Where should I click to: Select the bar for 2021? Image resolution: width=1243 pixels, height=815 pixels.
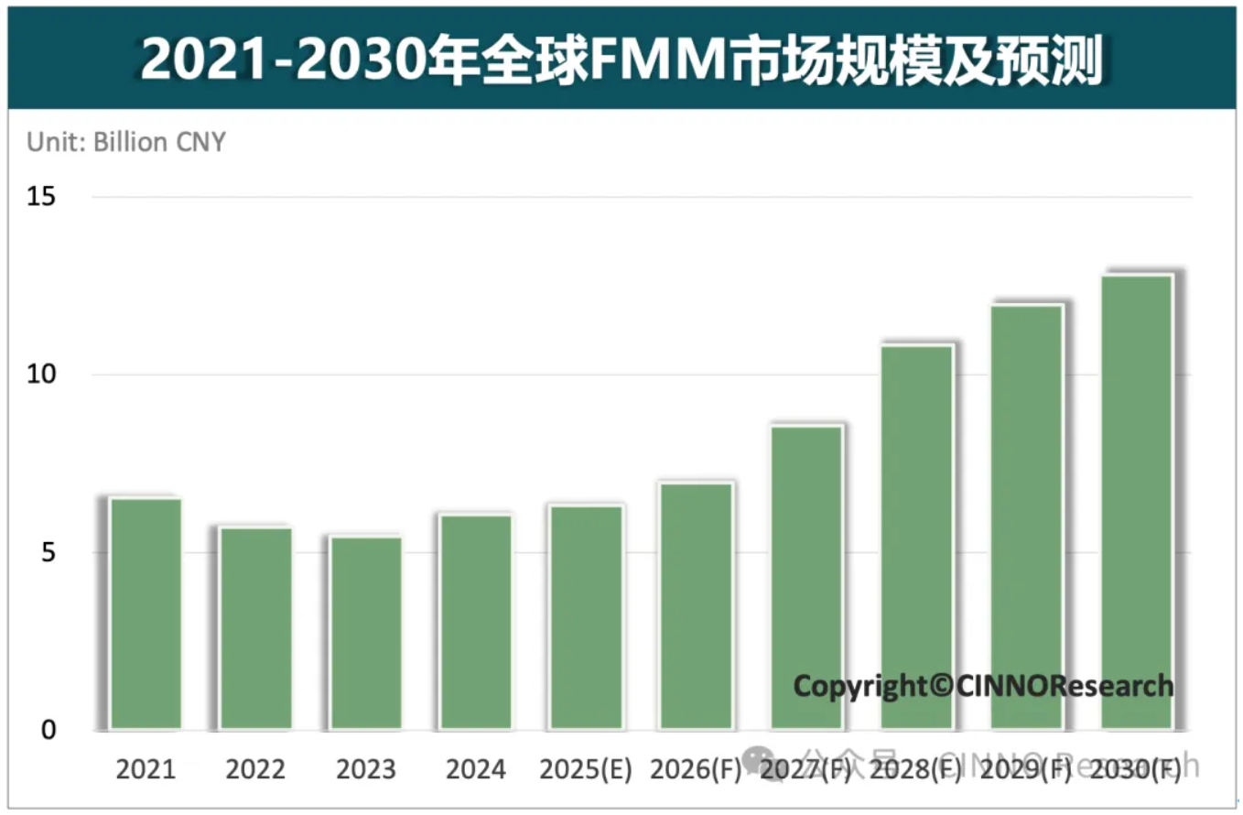[146, 614]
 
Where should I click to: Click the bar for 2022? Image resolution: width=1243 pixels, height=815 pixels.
[255, 628]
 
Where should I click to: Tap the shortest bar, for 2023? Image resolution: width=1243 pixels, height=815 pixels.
[366, 633]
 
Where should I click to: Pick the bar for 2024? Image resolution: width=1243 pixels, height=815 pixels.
[476, 623]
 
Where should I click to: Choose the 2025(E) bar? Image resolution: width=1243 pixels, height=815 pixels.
[586, 617]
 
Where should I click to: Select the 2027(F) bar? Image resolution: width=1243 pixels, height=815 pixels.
[806, 577]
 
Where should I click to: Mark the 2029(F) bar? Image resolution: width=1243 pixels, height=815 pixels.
[1026, 517]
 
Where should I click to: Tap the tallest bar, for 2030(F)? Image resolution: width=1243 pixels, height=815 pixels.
[1137, 502]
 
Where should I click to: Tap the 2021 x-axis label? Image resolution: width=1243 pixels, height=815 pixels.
[146, 769]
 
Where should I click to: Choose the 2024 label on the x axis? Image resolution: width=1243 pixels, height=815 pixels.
[476, 769]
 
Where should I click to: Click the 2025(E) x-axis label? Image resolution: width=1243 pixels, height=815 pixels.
[586, 769]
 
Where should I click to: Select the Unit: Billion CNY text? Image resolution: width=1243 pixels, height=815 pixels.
[126, 143]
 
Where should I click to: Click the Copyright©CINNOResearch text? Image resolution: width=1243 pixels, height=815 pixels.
[983, 685]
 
